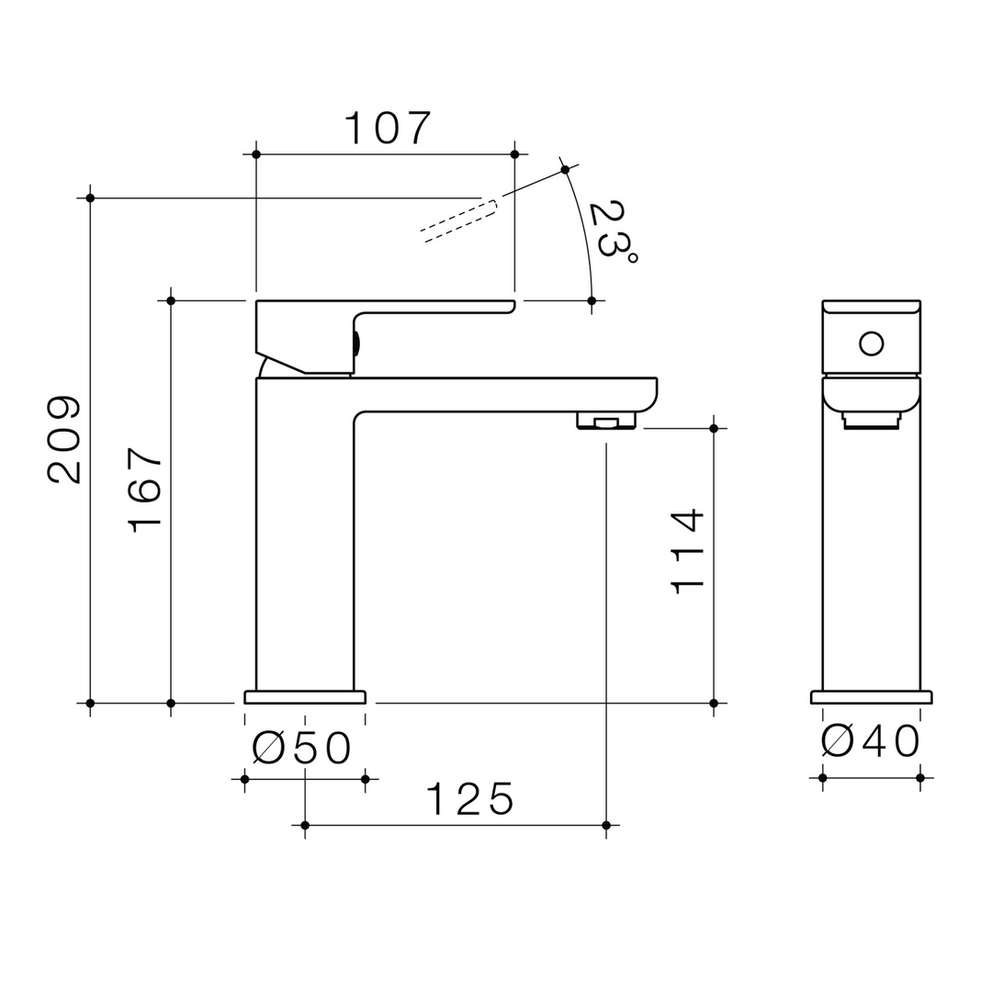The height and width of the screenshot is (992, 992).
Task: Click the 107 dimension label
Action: (387, 129)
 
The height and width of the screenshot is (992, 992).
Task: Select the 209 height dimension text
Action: (65, 439)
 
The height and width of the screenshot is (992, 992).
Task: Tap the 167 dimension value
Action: (146, 489)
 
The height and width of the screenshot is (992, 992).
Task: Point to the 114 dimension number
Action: (687, 551)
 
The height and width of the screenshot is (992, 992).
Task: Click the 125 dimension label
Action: (468, 800)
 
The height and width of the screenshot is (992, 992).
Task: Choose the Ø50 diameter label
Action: (302, 749)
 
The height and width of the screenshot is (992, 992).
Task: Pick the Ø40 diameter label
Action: (871, 741)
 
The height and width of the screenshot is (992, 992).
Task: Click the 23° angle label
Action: (612, 231)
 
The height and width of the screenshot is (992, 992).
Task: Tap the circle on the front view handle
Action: (871, 344)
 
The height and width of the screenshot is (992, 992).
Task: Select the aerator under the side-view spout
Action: (605, 422)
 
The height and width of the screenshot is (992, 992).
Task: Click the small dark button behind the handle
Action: (356, 344)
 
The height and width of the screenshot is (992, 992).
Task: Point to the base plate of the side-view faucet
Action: (305, 697)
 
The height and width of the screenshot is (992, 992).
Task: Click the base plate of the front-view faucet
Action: (871, 697)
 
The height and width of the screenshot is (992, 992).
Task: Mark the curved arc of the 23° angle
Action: (584, 234)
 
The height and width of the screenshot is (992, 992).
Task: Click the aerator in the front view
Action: (871, 421)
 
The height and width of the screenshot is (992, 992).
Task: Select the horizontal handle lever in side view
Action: (432, 307)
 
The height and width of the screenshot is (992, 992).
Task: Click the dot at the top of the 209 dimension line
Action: (90, 197)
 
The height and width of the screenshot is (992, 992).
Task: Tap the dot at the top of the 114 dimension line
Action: (714, 428)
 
